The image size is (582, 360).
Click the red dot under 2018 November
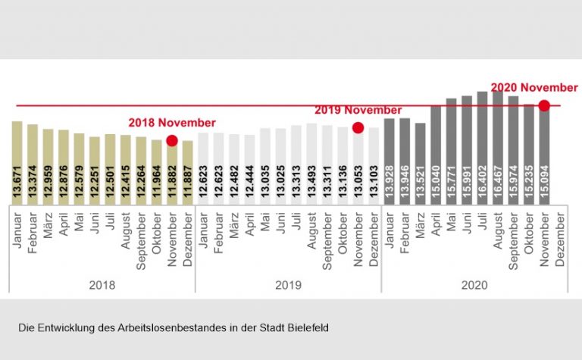click(172, 140)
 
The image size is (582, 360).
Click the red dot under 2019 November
click(358, 128)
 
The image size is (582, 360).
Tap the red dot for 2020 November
click(544, 105)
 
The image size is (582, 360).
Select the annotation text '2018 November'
click(171, 122)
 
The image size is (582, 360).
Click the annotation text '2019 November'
click(358, 110)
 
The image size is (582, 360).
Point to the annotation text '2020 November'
click(534, 87)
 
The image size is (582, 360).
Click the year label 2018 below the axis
click(102, 286)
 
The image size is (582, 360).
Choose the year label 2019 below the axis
click(288, 286)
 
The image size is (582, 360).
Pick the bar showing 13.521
click(421, 163)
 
